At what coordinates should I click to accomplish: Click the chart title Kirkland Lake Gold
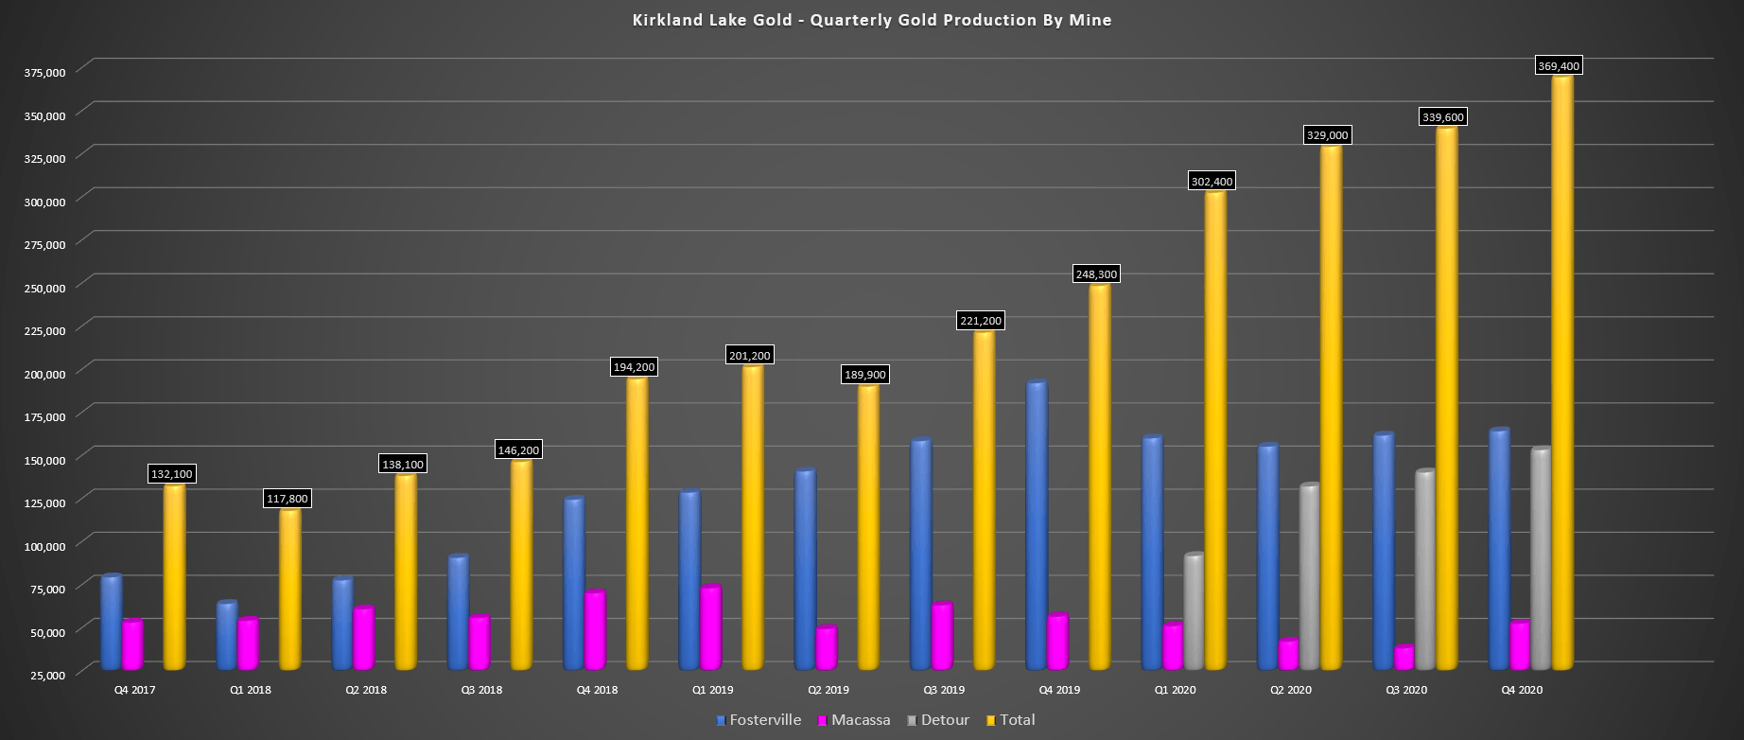(x=871, y=20)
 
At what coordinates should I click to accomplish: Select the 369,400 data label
(x=1558, y=66)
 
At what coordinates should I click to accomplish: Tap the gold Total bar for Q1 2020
(x=1215, y=431)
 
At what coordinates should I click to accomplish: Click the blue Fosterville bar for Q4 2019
(x=1037, y=525)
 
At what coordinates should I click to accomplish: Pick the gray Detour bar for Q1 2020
(x=1194, y=612)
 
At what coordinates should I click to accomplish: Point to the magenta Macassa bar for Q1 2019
(x=710, y=628)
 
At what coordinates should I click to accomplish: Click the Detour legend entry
(x=938, y=720)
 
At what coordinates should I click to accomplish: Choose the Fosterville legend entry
(x=759, y=720)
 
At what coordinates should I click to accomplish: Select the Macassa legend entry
(x=854, y=720)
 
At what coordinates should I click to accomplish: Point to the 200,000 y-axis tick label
(x=45, y=374)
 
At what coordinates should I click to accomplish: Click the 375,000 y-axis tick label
(x=45, y=73)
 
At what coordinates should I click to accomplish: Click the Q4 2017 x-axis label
(x=134, y=691)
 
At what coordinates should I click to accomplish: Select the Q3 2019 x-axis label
(x=943, y=691)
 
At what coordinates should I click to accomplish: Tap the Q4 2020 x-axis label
(x=1522, y=691)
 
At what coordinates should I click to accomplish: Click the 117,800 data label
(x=287, y=499)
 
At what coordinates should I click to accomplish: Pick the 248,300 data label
(x=1096, y=274)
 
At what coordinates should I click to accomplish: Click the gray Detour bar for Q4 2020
(x=1541, y=558)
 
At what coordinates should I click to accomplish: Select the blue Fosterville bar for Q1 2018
(x=227, y=636)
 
